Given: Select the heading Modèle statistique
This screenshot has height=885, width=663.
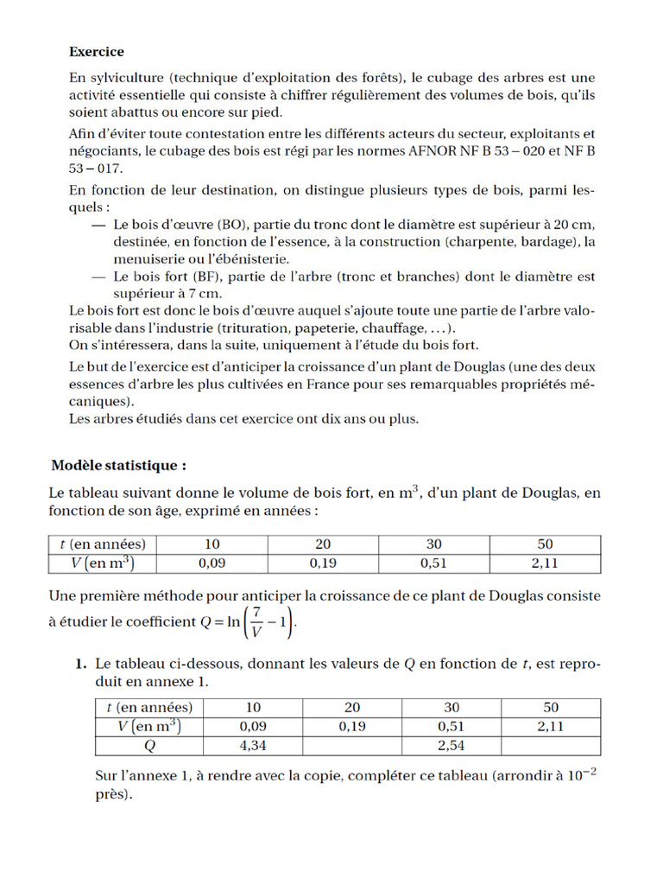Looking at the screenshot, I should coord(118,466).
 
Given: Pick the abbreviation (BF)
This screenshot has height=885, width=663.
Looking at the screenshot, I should coord(206,277).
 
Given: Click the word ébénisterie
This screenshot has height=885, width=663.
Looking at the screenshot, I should coord(248,258).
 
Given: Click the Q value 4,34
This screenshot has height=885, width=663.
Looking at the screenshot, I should coord(251,745).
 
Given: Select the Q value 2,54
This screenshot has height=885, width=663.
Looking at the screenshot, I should coord(451,745).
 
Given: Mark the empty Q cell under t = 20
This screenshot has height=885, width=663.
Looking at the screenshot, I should coord(351,745).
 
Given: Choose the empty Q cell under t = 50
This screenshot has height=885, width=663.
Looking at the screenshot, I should coord(551,745).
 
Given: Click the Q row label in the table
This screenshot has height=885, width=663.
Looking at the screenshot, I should coord(148,745).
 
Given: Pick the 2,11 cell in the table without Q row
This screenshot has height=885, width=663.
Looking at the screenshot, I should coord(545,563).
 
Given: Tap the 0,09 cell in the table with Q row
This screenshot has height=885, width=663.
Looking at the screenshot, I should coord(251,726).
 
